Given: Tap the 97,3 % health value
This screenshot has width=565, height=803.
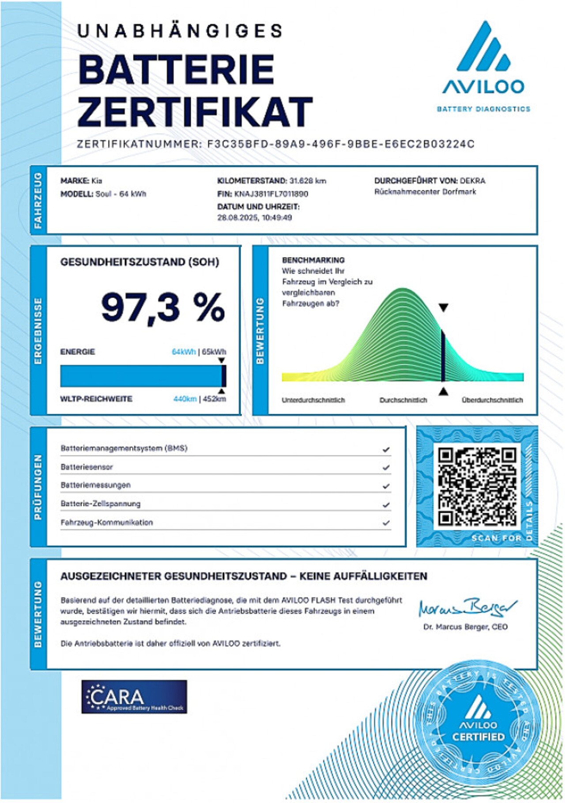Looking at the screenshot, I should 163,307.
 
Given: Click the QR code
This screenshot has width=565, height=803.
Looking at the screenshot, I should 477,486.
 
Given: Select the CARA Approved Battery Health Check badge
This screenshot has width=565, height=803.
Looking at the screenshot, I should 134,697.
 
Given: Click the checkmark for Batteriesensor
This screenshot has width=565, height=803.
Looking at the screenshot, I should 386,467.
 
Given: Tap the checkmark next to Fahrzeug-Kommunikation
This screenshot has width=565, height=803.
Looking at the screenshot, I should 386,523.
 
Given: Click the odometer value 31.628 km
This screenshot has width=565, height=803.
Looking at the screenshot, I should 308,181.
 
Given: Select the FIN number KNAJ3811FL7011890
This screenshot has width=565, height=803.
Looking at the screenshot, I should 271,194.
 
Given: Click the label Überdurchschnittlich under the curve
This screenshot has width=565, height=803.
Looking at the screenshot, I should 492,400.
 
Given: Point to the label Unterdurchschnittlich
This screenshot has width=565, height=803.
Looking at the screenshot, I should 313,400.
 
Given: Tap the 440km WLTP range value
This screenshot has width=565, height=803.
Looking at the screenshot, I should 185,399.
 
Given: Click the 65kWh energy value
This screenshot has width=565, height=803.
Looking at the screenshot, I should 214,352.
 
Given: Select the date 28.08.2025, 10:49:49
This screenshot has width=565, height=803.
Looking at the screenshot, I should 255,217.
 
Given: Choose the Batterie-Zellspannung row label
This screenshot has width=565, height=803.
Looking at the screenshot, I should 101,504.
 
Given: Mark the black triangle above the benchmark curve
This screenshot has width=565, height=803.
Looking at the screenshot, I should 444,307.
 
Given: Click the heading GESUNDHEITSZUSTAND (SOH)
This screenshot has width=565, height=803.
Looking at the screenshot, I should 139,262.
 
